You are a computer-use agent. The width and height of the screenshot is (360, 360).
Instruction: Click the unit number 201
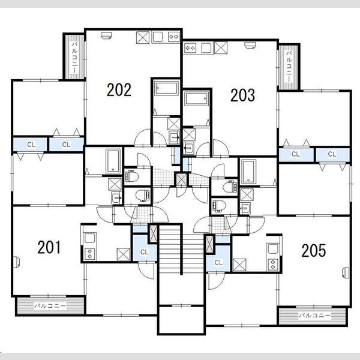(x=49, y=247)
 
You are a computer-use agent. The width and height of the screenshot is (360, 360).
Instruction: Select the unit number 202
(x=119, y=89)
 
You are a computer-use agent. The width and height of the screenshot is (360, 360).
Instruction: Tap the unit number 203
(x=242, y=95)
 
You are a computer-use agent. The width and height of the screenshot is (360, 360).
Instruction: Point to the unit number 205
(x=314, y=250)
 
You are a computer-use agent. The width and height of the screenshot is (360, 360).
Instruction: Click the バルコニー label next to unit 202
(x=74, y=57)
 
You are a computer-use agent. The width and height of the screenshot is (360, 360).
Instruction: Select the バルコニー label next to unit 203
(x=289, y=67)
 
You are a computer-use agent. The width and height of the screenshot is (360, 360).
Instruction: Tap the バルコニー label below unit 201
(x=50, y=306)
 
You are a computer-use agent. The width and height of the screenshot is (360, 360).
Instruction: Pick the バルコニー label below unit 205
(x=314, y=316)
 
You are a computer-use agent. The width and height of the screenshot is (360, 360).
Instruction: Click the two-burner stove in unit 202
(x=174, y=37)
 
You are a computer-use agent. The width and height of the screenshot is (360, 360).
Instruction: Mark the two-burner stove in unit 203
(x=190, y=48)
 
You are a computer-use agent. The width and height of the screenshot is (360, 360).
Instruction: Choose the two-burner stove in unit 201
(x=90, y=254)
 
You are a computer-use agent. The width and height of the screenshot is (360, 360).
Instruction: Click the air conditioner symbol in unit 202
(x=106, y=35)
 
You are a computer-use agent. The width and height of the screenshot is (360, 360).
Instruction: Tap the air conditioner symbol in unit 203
(x=250, y=45)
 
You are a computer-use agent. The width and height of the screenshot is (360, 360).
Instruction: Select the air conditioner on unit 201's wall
(x=17, y=262)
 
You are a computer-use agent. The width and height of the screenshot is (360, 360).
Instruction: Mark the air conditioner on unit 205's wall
(x=346, y=273)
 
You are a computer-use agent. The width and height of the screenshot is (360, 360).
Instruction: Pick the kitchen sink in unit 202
(x=157, y=37)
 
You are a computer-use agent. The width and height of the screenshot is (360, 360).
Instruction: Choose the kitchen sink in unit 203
(x=206, y=48)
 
